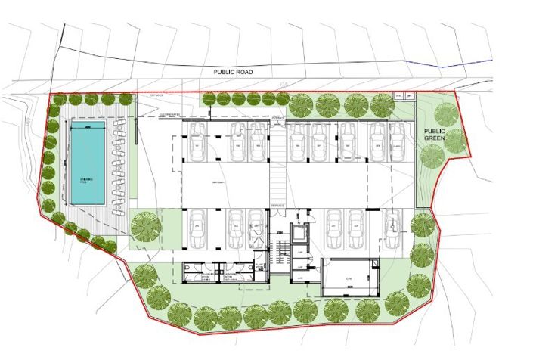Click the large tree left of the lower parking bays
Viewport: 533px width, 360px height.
[x=144, y=226]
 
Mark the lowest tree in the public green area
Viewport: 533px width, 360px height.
[x=432, y=157]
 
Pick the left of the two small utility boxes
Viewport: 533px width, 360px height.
[x=398, y=96]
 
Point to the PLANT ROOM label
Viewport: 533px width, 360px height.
[x=255, y=266]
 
